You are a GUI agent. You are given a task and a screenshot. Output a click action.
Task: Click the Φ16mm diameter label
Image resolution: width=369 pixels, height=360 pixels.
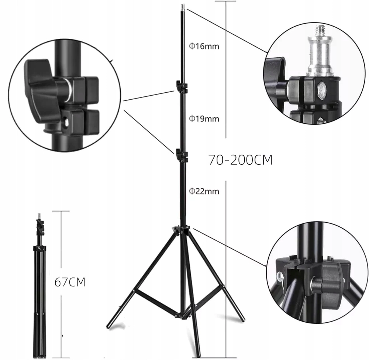coord(204,46)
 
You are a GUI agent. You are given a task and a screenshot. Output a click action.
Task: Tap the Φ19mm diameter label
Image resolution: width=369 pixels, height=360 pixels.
coord(204,119)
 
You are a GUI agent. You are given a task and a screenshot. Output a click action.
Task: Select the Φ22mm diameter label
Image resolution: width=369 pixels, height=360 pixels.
coord(204,191)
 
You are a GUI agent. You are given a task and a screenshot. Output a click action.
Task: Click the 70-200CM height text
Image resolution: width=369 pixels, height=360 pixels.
coord(240,160)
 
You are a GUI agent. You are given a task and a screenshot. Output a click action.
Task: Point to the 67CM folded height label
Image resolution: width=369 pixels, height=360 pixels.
coord(70,282)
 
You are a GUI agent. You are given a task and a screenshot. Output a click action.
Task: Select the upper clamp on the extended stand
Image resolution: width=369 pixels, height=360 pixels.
coord(181,88)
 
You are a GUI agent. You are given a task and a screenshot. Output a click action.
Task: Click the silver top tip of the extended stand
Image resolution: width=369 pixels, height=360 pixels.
coord(183,6)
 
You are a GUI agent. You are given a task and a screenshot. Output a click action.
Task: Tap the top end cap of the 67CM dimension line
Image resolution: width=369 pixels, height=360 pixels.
coord(61,211)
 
